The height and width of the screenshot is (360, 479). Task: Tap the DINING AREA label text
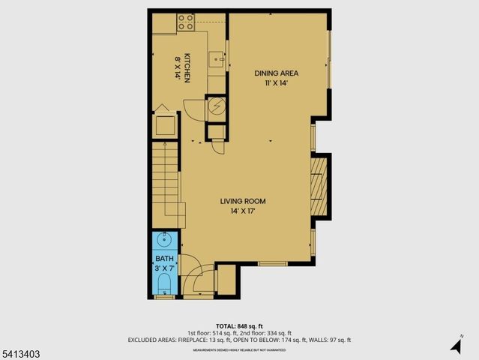point(277,73)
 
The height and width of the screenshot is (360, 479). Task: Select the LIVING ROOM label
point(243,201)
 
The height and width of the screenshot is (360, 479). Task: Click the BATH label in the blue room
point(163,259)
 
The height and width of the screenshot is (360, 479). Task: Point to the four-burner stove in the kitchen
point(187,22)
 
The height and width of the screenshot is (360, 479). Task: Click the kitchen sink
point(215,58)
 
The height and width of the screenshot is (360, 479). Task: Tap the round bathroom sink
point(164,241)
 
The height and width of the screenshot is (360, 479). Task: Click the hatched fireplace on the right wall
point(320,183)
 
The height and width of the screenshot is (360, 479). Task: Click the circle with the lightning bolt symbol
point(216,106)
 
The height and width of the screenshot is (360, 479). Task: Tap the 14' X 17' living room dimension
point(243,211)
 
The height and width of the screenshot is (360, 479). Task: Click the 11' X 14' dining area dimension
point(277,83)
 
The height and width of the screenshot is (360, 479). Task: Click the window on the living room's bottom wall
point(274,263)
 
